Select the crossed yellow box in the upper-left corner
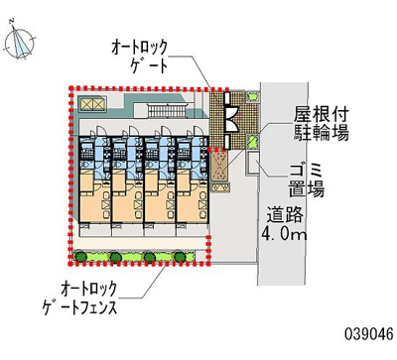coord(92,104)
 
